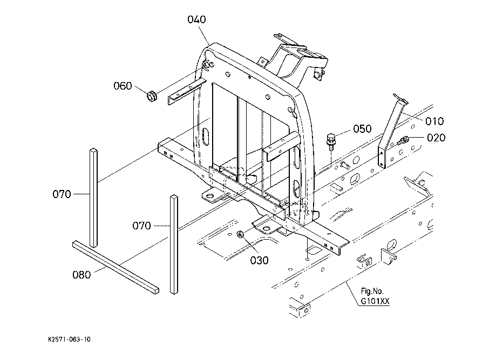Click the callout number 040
coord(196,19)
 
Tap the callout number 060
coord(123,86)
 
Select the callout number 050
coord(362,129)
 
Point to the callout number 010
coord(434,121)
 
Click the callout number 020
coord(436,138)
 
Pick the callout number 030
coord(260,260)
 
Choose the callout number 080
coord(81,275)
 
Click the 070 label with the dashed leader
coord(141,226)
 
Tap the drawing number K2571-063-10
coord(69,339)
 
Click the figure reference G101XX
coord(375,301)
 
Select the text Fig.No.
coord(372,291)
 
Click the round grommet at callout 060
coord(152,96)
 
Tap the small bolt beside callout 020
coord(403,140)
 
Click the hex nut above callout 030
coord(240,234)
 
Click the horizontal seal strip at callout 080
coord(116,267)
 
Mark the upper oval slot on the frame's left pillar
coord(206,137)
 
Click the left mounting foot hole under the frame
coord(209,197)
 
